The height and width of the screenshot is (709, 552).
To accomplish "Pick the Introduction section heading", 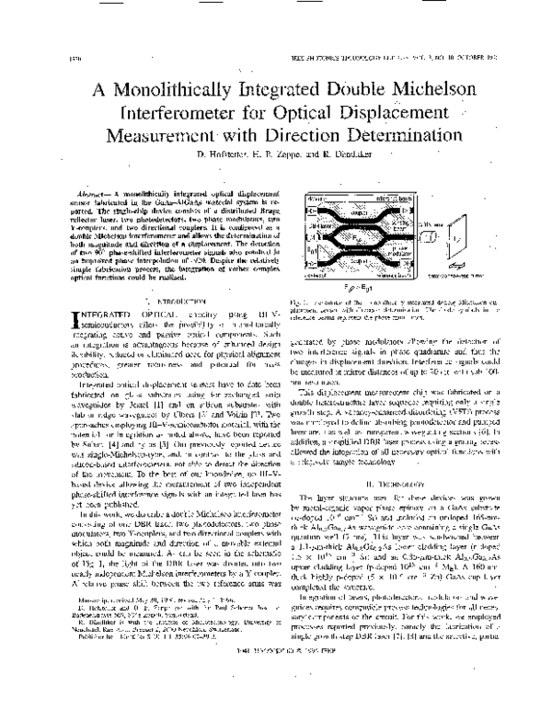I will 162,273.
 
